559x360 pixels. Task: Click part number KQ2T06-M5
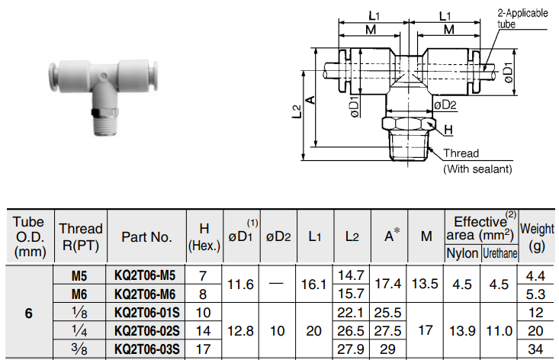[x=145, y=275]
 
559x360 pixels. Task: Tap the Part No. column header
[x=146, y=236]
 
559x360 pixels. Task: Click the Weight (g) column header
[x=537, y=236]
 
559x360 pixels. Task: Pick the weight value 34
[x=537, y=349]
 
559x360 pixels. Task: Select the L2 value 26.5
[x=351, y=330]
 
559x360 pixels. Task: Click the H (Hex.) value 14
[x=204, y=330]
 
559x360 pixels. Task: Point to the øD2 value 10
[x=278, y=330]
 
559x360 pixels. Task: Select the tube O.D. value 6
[x=29, y=313]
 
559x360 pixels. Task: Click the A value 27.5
[x=388, y=330]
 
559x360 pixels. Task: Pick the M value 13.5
[x=425, y=284]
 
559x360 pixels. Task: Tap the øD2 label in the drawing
[x=445, y=104]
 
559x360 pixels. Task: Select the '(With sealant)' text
[x=477, y=169]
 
